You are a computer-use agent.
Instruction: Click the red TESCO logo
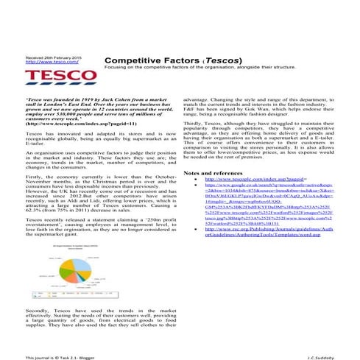pos(47,75)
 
